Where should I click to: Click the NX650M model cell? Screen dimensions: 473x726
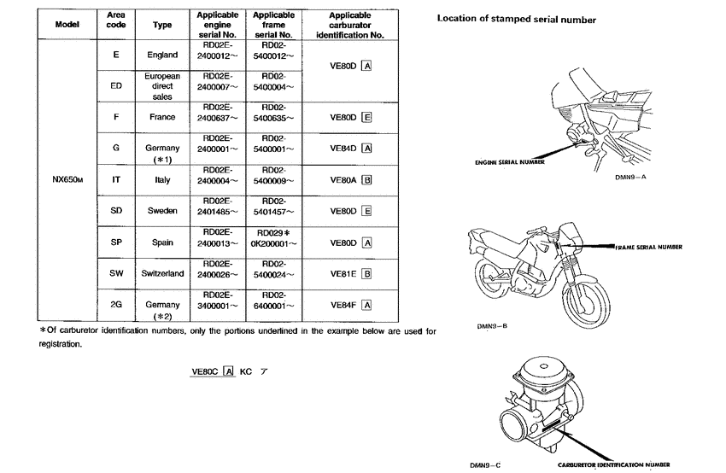67,180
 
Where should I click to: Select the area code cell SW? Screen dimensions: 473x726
114,273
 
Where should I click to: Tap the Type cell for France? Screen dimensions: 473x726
162,117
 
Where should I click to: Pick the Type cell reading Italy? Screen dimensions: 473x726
162,180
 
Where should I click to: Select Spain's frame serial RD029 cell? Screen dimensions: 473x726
274,236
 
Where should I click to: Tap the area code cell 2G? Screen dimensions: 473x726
114,304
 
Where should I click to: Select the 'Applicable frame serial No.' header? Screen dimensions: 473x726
274,26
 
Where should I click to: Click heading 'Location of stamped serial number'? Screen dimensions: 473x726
516,19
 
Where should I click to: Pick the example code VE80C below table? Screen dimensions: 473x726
205,371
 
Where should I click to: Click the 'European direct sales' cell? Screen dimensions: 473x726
162,86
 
